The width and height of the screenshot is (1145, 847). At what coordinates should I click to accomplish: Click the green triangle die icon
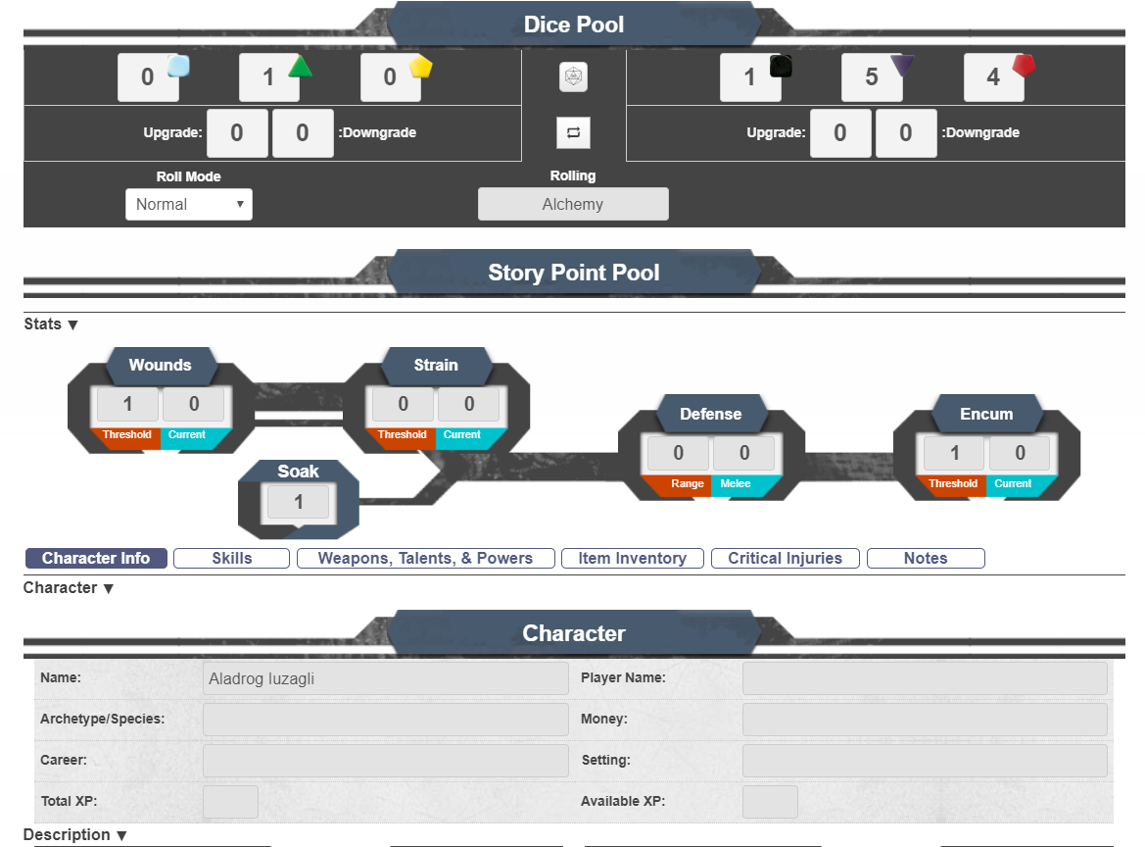[300, 67]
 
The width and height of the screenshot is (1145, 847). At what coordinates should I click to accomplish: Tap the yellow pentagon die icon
[420, 67]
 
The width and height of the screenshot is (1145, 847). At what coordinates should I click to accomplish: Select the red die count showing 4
[993, 77]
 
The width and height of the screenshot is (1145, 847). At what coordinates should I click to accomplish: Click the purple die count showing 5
[871, 77]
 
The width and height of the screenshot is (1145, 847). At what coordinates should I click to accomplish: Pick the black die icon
[781, 67]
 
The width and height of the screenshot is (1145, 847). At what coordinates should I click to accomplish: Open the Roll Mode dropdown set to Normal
[189, 205]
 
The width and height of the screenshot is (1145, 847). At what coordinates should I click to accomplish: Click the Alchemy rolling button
[573, 205]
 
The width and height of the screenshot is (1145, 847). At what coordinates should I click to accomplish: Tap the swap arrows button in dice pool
[573, 132]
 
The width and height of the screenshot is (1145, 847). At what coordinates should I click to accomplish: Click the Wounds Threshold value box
[127, 404]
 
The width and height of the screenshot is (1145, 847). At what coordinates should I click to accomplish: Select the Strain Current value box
[469, 404]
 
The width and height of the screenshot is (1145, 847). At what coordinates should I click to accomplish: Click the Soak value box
[298, 502]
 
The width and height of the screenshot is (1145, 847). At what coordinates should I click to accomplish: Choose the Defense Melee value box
[744, 453]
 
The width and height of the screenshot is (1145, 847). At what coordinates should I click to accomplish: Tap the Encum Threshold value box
[954, 453]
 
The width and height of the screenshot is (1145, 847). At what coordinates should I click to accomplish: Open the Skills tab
[231, 559]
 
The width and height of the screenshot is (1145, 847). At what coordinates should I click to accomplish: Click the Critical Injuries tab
[785, 559]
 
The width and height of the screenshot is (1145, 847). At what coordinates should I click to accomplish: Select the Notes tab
[926, 559]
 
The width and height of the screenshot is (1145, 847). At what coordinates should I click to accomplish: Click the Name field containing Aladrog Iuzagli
[386, 678]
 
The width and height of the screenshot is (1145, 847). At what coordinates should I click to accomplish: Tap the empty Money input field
[925, 720]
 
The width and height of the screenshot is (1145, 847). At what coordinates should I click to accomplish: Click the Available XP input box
[770, 802]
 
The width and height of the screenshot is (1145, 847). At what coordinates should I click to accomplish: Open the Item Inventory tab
[633, 559]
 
